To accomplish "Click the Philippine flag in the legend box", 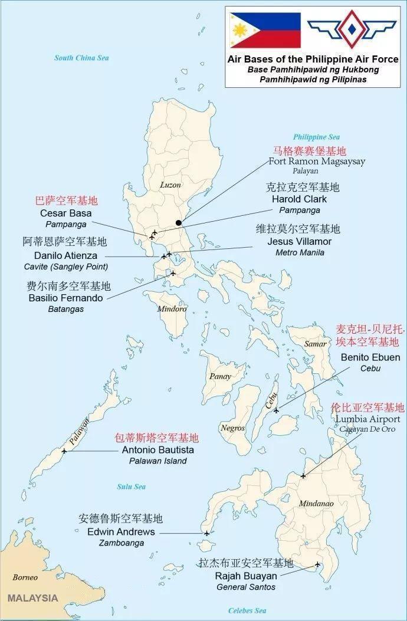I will [265, 30].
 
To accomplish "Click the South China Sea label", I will [81, 58].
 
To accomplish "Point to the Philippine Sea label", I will [317, 137].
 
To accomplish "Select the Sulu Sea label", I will [131, 487].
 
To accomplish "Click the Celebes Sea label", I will [247, 610].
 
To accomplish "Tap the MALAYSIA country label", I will [32, 598].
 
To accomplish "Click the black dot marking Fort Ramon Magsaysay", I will [179, 223].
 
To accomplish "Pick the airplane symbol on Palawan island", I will [64, 451].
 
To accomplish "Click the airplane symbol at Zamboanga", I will [206, 533].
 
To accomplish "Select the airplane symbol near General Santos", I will [317, 564].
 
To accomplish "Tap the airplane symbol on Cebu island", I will [275, 410].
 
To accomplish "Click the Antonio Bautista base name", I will [157, 450].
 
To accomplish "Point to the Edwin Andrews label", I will [121, 532].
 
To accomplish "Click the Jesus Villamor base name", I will [299, 241].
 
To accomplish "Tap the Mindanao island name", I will [316, 504].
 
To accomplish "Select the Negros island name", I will [233, 428].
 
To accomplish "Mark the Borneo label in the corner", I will [25, 577].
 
